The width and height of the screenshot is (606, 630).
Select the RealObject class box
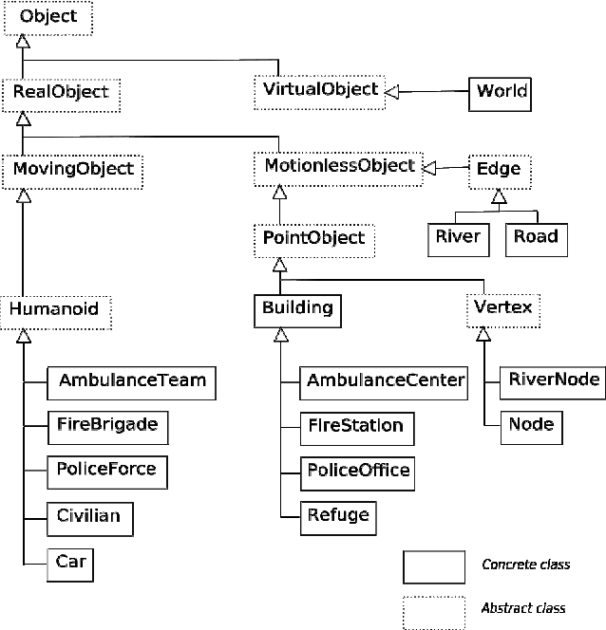tap(61, 93)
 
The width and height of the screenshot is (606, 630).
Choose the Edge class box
tap(498, 170)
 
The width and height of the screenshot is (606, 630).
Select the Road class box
tap(537, 238)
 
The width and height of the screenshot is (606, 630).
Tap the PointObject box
tap(312, 238)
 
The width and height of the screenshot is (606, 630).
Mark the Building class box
tap(297, 308)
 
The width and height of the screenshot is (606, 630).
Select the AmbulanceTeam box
tap(131, 381)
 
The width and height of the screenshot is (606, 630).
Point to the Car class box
tap(71, 563)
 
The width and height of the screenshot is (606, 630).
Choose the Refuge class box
tap(337, 517)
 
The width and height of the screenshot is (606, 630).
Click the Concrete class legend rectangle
tap(433, 566)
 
